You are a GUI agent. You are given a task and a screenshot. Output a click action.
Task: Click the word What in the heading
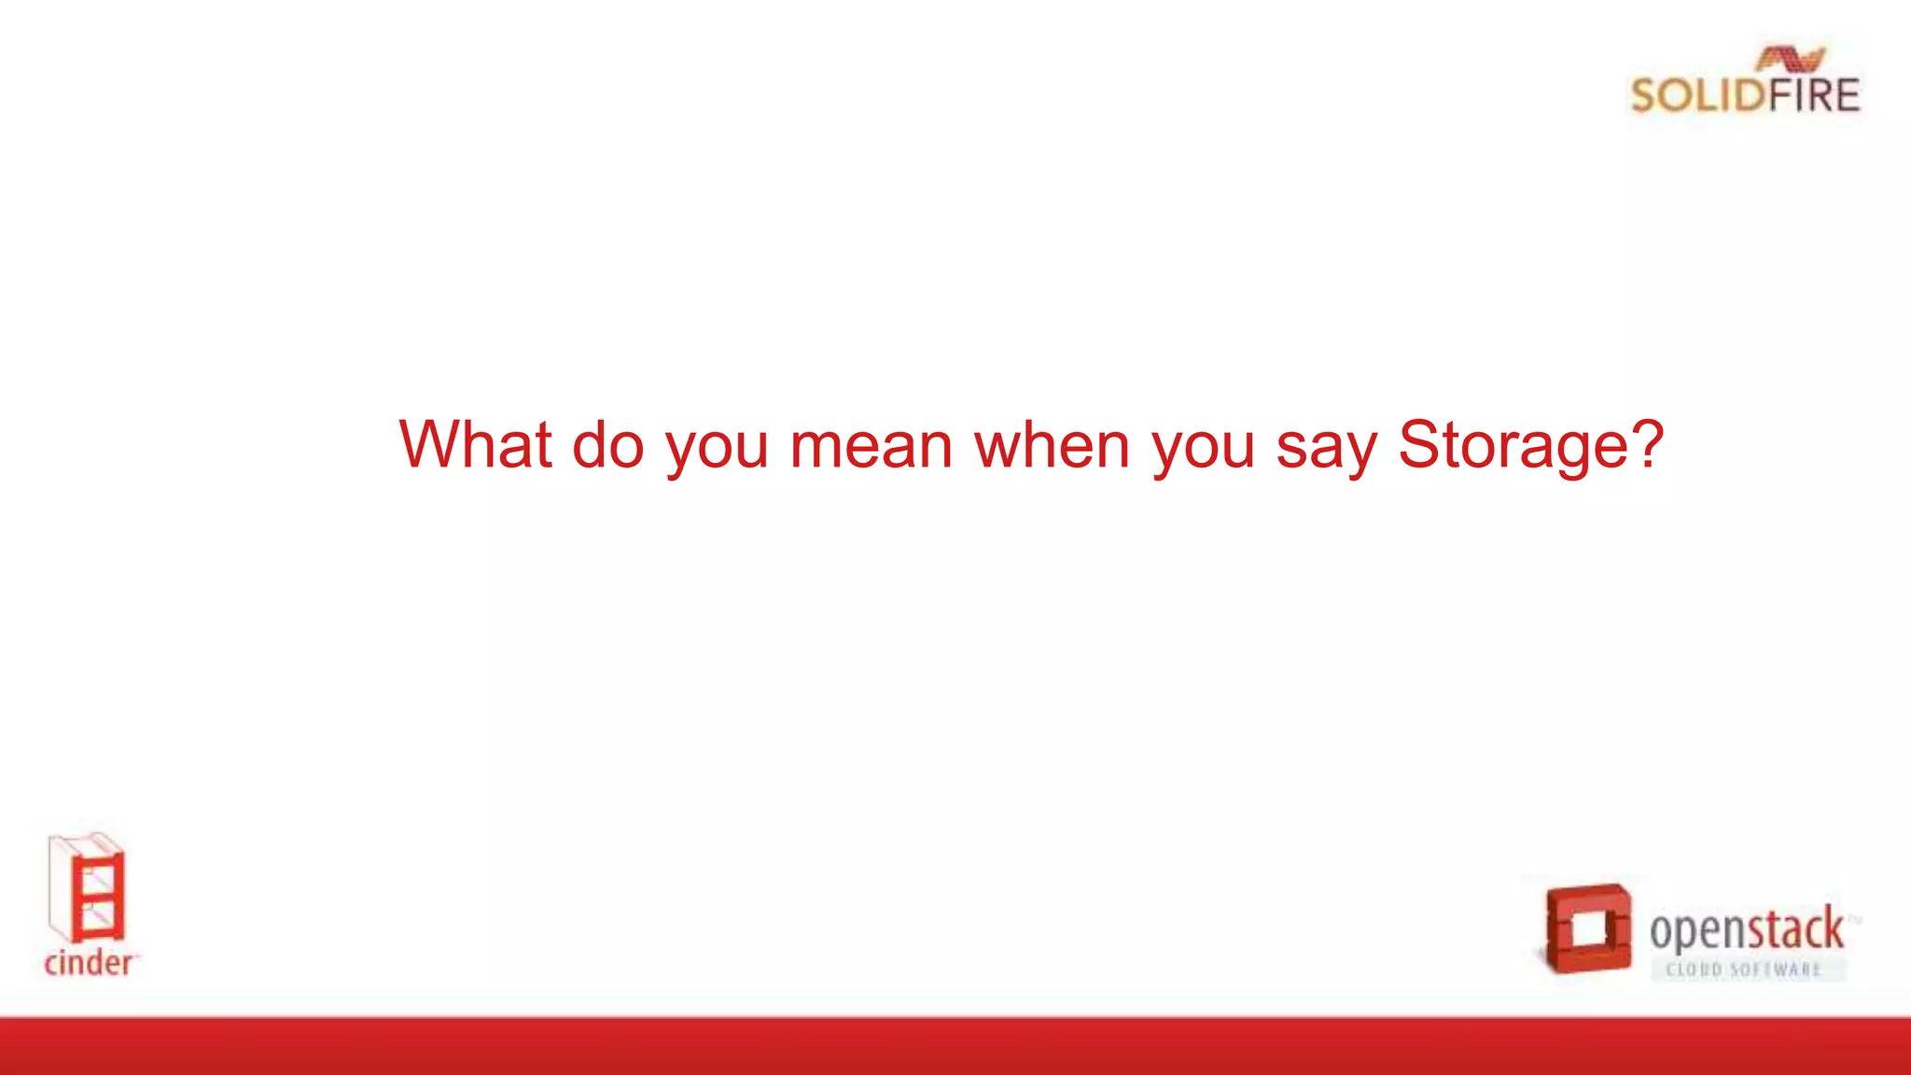[475, 445]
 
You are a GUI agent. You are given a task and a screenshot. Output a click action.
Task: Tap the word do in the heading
[607, 445]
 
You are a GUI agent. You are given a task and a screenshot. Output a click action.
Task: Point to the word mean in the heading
[871, 446]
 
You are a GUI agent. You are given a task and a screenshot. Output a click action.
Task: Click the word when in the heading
[1052, 445]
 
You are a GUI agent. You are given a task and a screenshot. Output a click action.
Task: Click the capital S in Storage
[1418, 445]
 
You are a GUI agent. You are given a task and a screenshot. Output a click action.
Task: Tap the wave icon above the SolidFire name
[1790, 60]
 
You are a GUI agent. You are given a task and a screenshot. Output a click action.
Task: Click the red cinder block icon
[87, 888]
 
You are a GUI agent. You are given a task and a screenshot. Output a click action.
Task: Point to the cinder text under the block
[89, 963]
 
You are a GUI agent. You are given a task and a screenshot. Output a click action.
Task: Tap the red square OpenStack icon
[1587, 928]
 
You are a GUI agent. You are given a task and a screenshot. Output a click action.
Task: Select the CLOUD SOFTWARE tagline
[1743, 970]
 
